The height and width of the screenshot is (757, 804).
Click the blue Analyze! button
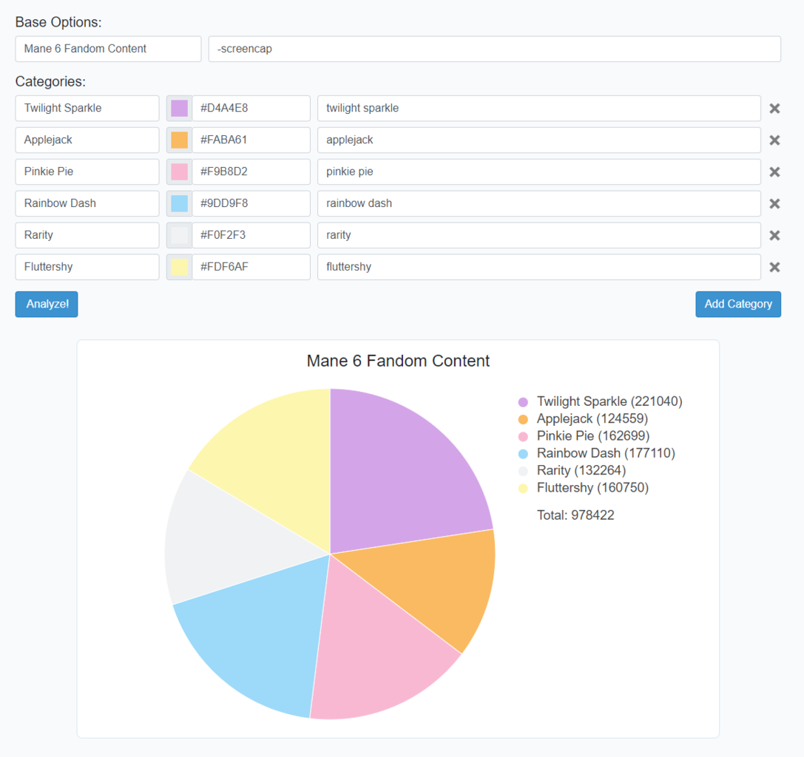(47, 304)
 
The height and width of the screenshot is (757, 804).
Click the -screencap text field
(494, 49)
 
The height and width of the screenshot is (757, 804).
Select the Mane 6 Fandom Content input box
(108, 49)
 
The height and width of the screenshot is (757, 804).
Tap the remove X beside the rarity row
(774, 235)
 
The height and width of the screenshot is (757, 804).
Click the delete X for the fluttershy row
(774, 267)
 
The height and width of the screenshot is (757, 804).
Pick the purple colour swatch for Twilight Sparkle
(179, 108)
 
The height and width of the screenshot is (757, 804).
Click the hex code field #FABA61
(250, 140)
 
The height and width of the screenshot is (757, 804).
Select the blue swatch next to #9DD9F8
(179, 203)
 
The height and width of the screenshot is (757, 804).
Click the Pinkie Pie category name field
(87, 172)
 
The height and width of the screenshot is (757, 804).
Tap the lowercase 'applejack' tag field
(538, 140)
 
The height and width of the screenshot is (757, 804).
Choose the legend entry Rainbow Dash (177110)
(605, 453)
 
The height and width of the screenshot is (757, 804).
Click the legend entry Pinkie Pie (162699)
(592, 436)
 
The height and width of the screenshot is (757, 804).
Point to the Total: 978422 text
(575, 515)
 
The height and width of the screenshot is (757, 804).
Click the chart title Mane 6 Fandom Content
(398, 361)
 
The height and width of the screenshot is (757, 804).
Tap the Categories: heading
(50, 81)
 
